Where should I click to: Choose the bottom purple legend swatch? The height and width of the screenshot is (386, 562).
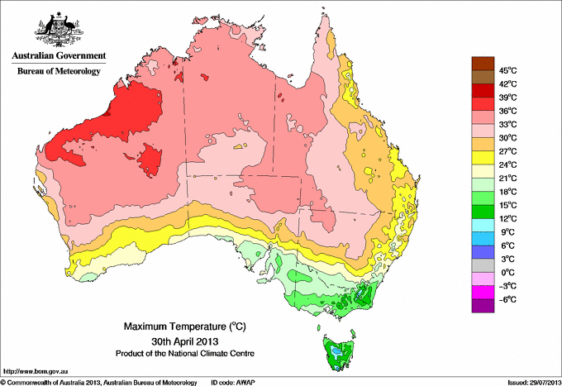[481, 306]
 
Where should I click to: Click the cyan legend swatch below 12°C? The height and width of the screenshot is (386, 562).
[481, 225]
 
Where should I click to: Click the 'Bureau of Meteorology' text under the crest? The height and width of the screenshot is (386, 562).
[58, 72]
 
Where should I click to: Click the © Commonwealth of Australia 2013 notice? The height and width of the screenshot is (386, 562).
[99, 381]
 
